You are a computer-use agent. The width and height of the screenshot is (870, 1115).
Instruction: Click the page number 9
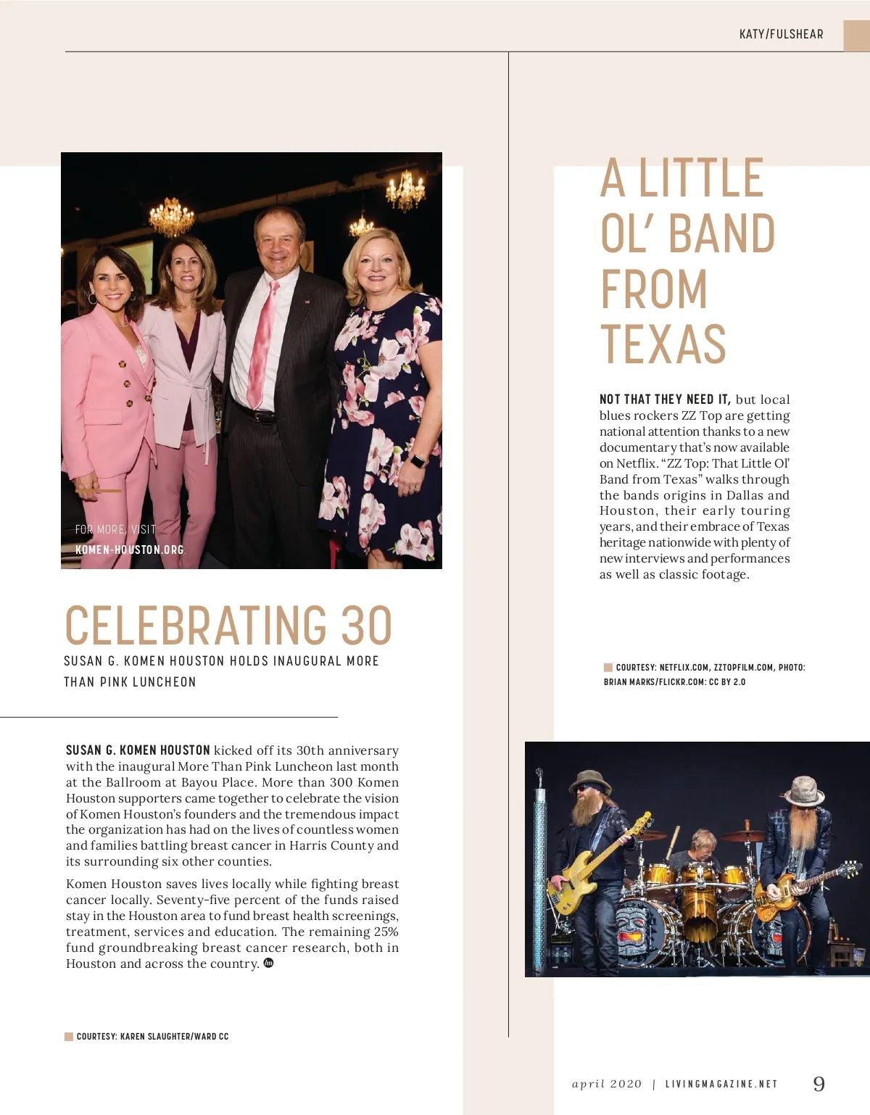click(x=819, y=1084)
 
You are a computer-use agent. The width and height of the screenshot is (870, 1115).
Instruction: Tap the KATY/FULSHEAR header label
click(x=781, y=34)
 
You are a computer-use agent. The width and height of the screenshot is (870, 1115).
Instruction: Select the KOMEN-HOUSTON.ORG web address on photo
click(x=130, y=550)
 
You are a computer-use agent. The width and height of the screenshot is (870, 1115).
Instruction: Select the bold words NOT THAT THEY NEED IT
click(x=664, y=399)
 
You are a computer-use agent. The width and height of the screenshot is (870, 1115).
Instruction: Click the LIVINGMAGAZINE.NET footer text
click(x=721, y=1085)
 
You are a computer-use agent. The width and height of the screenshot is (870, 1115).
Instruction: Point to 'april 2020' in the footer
click(x=607, y=1085)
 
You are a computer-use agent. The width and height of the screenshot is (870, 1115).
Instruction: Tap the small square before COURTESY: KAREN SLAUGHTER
click(x=69, y=1037)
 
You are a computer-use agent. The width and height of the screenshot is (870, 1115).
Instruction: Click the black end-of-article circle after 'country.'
click(x=268, y=963)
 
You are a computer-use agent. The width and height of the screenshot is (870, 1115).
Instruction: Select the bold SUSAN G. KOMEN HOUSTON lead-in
click(x=138, y=750)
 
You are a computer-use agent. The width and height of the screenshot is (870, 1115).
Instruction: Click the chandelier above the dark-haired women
click(x=171, y=216)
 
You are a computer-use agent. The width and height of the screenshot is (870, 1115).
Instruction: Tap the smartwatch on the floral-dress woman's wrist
click(x=419, y=461)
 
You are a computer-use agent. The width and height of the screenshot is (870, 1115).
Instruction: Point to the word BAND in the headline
click(x=721, y=233)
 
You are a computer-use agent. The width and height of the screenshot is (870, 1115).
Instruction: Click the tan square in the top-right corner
click(x=856, y=36)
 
